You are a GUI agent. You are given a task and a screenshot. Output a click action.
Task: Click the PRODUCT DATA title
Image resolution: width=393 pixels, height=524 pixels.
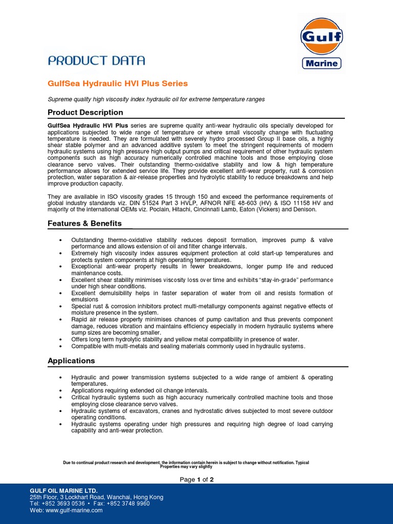tap(96, 60)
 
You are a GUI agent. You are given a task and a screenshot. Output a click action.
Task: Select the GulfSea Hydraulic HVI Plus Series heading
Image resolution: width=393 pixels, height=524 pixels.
tap(118, 83)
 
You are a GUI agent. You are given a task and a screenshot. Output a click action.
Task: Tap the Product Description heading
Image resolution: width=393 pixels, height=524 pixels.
tap(85, 113)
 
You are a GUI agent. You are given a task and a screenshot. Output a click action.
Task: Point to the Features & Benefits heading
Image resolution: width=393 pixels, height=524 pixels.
tap(84, 224)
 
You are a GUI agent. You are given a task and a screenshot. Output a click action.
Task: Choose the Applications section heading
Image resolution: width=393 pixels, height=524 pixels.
tap(71, 361)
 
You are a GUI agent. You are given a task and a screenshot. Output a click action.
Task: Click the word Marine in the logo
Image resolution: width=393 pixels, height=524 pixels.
tap(321, 63)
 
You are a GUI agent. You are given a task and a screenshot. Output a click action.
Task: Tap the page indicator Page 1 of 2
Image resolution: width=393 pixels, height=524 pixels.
tap(196, 479)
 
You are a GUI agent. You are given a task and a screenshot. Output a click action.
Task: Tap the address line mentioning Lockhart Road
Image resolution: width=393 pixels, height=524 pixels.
tap(97, 497)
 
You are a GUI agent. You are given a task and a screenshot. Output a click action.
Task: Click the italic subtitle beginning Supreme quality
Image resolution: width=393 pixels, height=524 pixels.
tap(156, 99)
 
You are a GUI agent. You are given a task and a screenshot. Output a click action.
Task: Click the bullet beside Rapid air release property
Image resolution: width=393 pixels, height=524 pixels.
tap(61, 320)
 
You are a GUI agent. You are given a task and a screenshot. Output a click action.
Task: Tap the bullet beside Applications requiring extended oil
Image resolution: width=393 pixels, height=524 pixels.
tap(61, 390)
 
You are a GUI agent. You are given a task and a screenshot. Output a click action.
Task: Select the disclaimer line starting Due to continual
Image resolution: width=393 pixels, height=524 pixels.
tap(186, 463)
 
